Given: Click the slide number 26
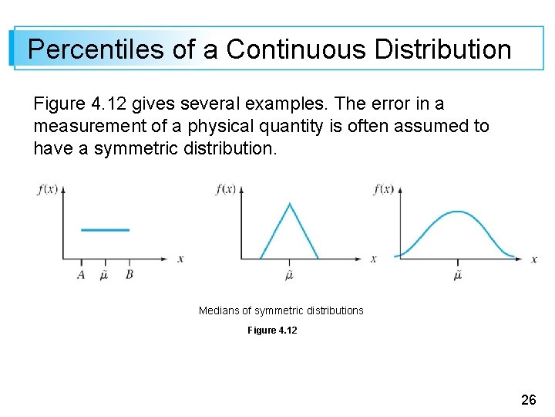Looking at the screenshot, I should [529, 400].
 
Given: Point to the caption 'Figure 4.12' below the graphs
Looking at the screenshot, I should [272, 331].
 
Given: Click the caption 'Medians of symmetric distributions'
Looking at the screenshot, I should [281, 310].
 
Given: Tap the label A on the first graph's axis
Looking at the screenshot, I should [81, 274].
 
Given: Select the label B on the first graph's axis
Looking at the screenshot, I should [129, 274].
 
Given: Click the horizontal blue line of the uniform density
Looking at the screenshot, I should [105, 229].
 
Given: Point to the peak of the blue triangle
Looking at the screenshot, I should [290, 204].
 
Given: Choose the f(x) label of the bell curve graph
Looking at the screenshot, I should [383, 189].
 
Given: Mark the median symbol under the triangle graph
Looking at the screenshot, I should [290, 274].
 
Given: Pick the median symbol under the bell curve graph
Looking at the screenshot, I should [458, 274].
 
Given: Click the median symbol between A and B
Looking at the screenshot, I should [104, 274].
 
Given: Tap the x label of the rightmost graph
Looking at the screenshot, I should [534, 259].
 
